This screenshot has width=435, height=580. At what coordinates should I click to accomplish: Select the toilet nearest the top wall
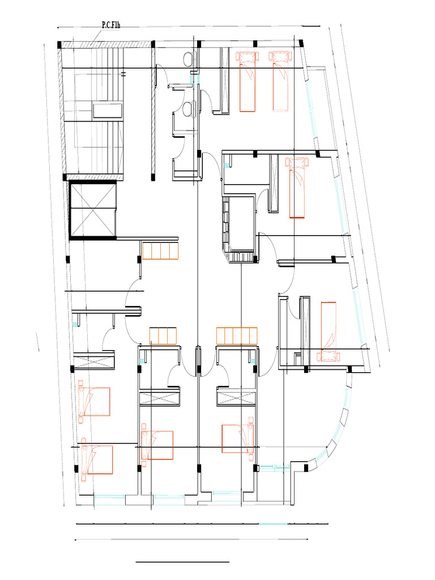click(x=189, y=58)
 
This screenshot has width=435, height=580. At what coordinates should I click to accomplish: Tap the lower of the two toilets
click(x=189, y=108)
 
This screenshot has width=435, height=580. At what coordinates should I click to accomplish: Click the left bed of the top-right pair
click(x=247, y=80)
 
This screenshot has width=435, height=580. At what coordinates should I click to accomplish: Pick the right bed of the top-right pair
click(x=280, y=80)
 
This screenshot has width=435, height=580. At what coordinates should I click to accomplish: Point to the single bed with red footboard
click(x=297, y=187)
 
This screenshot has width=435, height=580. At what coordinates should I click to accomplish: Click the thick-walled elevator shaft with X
click(x=93, y=209)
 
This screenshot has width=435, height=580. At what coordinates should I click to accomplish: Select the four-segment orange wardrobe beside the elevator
click(x=160, y=250)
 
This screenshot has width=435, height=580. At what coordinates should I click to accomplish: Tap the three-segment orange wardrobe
click(x=164, y=335)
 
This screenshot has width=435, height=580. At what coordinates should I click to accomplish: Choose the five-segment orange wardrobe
click(x=237, y=335)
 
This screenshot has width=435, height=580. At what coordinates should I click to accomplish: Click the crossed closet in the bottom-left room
click(x=93, y=361)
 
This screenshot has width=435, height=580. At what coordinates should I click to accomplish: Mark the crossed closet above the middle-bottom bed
click(x=160, y=397)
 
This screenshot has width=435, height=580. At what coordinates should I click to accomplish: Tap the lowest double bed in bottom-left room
click(x=97, y=459)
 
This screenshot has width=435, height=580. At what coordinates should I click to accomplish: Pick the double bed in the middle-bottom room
click(x=157, y=445)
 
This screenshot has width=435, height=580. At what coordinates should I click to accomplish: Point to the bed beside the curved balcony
click(x=328, y=332)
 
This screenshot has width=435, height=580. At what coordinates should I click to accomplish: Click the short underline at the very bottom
click(x=182, y=562)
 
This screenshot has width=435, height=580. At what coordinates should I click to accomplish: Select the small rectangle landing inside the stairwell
click(x=108, y=110)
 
